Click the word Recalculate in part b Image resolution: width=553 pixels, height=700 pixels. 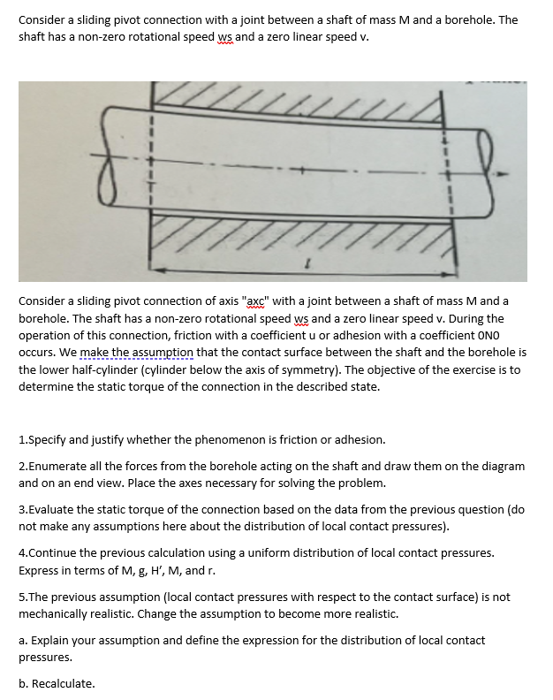click(x=63, y=683)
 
